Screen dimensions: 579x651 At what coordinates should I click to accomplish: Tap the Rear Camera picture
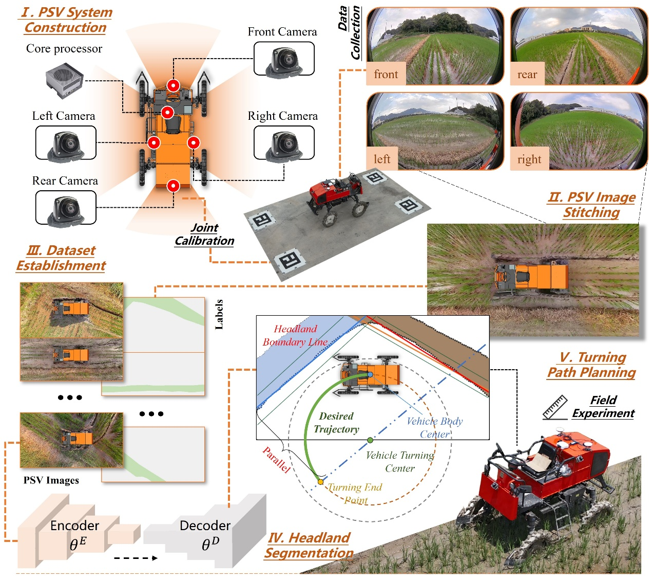tap(66, 209)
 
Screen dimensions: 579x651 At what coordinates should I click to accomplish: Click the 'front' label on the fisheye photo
tap(386, 75)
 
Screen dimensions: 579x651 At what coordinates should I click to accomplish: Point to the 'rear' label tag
tap(527, 75)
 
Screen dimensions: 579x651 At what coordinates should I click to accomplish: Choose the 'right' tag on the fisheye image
tap(529, 159)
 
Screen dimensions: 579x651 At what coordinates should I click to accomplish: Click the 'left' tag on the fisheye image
tap(382, 159)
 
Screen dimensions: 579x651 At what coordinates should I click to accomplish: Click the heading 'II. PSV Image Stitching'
tap(591, 205)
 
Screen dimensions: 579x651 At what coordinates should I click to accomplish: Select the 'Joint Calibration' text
tap(204, 234)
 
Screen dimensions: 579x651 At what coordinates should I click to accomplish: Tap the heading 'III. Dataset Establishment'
tap(61, 258)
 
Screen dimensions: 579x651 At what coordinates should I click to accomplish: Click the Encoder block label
tap(74, 526)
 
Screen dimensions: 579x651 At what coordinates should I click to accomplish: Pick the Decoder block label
tap(205, 526)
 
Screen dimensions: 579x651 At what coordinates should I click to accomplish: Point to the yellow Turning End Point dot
tap(320, 482)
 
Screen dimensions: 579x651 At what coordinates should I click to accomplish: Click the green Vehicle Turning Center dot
tap(370, 441)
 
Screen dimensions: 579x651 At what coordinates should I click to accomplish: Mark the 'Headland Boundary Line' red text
tap(295, 335)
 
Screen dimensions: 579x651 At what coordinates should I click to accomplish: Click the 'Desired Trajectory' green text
tap(336, 423)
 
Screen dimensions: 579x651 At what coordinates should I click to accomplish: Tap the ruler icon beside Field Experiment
tap(555, 407)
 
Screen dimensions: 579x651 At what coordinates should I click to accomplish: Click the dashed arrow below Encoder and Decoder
tap(136, 558)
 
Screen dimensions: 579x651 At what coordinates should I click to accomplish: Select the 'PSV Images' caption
tap(51, 480)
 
